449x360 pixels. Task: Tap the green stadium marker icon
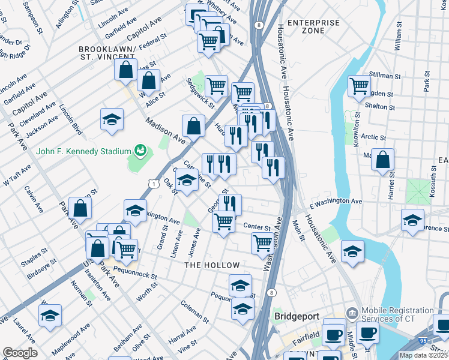141,149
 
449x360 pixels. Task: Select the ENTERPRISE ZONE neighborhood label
313,26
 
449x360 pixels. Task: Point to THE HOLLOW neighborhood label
212,265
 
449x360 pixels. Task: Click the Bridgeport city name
299,316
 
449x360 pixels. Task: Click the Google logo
20,353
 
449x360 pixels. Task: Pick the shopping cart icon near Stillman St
359,86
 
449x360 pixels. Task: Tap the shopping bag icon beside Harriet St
382,161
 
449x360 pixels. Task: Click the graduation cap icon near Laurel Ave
50,315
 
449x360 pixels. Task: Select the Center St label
258,226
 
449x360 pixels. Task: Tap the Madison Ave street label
164,130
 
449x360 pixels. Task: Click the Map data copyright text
423,355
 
